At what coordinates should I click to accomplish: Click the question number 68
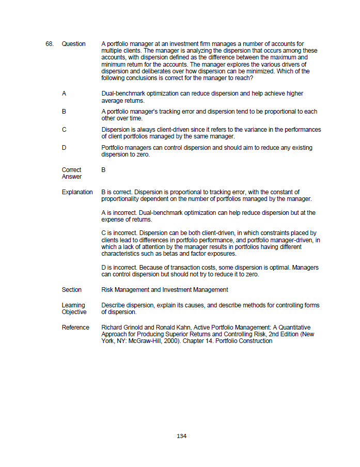[50, 44]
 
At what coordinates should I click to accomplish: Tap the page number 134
[181, 436]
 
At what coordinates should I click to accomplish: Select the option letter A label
[64, 94]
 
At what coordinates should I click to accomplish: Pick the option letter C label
[64, 130]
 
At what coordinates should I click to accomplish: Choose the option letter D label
[64, 148]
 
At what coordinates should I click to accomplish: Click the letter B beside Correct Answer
[104, 169]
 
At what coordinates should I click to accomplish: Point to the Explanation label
[77, 192]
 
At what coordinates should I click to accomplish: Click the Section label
[72, 290]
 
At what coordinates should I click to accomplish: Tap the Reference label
[75, 328]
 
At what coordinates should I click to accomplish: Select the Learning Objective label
[74, 308]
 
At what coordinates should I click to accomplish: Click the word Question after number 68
[73, 44]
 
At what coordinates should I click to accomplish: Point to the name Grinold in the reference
[133, 328]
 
